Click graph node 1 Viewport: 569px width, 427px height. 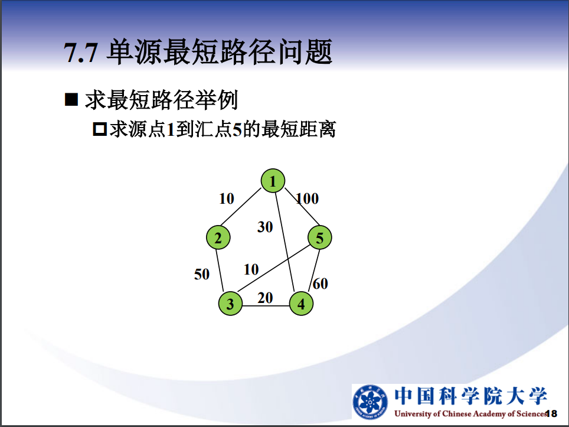(273, 181)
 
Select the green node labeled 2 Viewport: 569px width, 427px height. (218, 237)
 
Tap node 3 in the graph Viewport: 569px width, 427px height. (230, 304)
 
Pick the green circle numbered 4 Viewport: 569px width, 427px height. (301, 304)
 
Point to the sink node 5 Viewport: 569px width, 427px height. (320, 237)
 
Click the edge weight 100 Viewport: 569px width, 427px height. (308, 198)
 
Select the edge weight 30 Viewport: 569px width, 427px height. (265, 227)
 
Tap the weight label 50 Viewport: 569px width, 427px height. (202, 274)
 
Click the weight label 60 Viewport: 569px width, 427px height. (321, 283)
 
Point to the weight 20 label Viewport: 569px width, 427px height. (265, 298)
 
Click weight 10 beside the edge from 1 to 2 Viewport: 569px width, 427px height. (227, 198)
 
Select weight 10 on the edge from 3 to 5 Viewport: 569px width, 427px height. (251, 269)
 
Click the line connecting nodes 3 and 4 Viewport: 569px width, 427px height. (266, 306)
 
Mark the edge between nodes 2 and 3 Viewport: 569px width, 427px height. (220, 270)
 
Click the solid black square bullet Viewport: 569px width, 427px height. (71, 99)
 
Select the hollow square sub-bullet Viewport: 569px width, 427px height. (100, 129)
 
